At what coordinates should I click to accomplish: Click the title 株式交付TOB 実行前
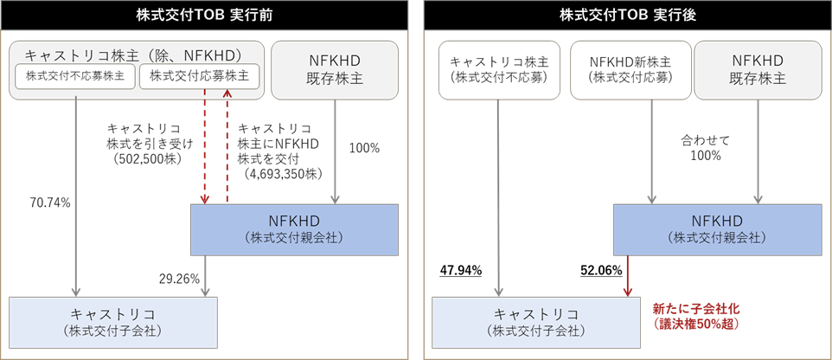204,15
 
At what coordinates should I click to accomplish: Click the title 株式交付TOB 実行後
627,15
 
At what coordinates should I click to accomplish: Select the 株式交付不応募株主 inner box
75,76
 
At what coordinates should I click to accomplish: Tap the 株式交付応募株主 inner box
199,76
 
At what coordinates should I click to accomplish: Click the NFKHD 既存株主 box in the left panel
335,69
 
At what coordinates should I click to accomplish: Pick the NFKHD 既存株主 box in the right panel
758,69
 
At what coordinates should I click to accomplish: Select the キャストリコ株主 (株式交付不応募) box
500,69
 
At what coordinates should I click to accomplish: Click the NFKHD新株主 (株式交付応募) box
631,69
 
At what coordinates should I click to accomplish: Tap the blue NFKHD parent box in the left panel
295,229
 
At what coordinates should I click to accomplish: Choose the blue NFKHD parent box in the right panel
718,229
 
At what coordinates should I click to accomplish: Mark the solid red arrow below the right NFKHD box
628,276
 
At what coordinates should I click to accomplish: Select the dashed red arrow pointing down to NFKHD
205,147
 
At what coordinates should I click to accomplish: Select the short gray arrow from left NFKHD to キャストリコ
205,275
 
